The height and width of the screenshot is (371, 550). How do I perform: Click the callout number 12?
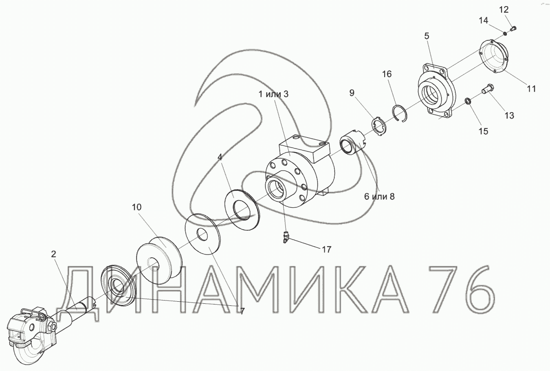point(504,10)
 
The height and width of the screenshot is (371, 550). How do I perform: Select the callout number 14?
point(484,20)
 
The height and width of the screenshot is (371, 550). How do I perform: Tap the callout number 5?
point(427,36)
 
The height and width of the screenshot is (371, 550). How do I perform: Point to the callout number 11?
point(531,88)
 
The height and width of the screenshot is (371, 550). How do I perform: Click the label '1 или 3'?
point(273,94)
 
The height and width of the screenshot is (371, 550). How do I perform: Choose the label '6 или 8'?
point(379,197)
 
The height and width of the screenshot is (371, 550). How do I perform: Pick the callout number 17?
point(327,250)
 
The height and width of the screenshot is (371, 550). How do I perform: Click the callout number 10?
point(137,207)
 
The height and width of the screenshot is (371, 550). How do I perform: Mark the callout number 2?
point(53,254)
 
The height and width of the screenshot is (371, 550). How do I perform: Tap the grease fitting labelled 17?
point(285,238)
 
